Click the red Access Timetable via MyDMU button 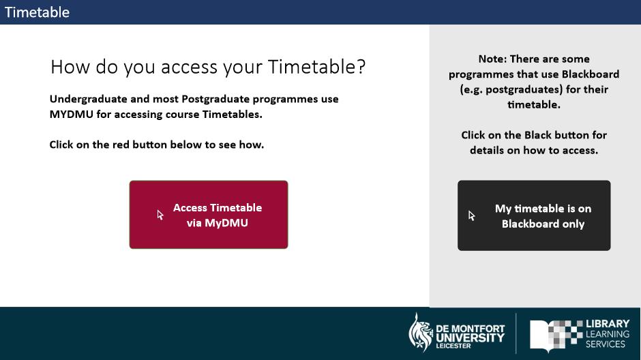(209, 215)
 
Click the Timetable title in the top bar (38, 12)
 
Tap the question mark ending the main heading (361, 66)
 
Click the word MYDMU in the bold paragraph (72, 115)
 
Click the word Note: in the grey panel (492, 59)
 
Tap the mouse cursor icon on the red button (160, 215)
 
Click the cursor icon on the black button (472, 215)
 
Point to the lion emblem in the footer (421, 332)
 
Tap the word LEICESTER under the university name (453, 346)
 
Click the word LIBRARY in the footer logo (608, 324)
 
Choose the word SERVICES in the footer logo (606, 344)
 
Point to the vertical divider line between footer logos (516, 333)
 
